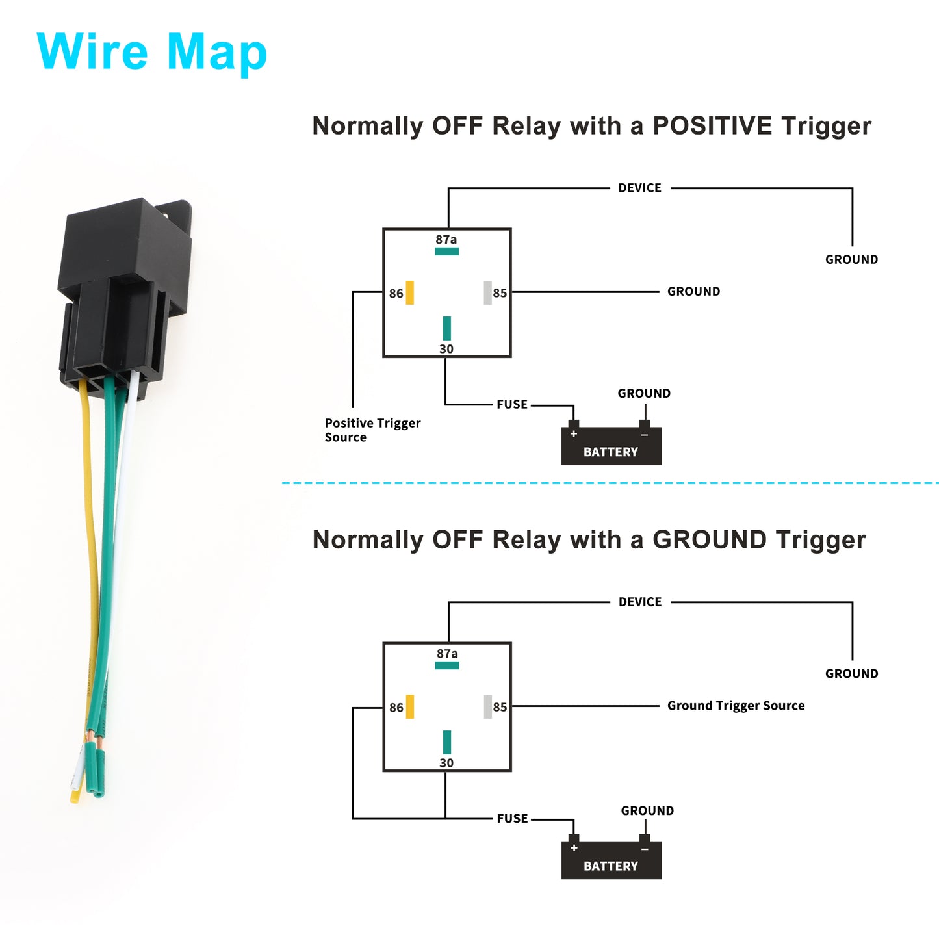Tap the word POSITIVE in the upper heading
click(712, 125)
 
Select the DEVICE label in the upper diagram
click(639, 188)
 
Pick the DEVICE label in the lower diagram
click(640, 602)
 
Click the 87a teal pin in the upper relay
click(446, 251)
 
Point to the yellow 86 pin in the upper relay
click(409, 292)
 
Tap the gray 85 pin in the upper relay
click(487, 292)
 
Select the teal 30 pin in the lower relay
click(446, 742)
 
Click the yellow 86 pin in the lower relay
click(409, 706)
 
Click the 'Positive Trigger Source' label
click(372, 430)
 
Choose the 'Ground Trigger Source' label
click(736, 706)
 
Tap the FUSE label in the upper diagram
click(511, 404)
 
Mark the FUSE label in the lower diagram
click(511, 819)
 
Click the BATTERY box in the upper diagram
click(611, 446)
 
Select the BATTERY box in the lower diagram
click(611, 860)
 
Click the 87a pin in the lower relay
click(446, 665)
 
